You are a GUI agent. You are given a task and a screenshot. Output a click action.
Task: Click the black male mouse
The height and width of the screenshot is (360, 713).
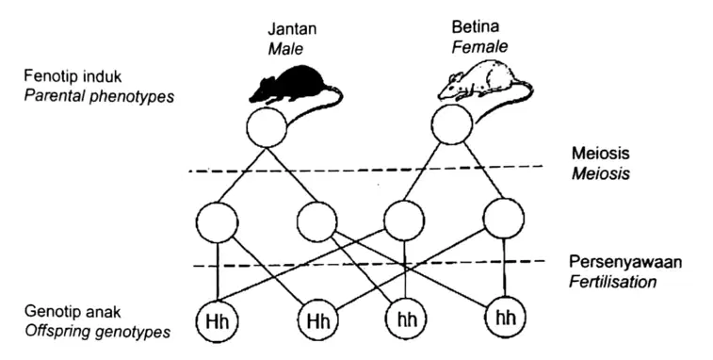click(291, 84)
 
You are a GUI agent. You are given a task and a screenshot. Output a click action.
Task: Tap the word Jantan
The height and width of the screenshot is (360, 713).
click(292, 29)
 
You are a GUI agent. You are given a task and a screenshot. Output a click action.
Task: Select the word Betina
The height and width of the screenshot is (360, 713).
click(476, 26)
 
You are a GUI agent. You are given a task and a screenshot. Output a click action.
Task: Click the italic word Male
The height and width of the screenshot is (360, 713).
click(285, 49)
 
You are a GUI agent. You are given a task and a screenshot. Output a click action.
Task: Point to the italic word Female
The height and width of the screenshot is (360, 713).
click(479, 46)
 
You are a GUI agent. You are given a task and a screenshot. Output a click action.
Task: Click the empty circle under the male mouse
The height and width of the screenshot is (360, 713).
click(267, 127)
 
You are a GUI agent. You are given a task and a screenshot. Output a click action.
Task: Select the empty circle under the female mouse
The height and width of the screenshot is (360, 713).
click(452, 124)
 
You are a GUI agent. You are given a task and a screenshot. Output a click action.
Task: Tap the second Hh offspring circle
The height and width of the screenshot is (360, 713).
click(317, 320)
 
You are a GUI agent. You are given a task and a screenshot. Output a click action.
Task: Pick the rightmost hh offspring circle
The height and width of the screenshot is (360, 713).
click(505, 317)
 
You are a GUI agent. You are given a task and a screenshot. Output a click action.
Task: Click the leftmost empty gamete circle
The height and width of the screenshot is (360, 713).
click(217, 223)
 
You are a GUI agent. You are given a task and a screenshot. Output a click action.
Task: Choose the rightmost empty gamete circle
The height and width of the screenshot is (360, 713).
click(504, 219)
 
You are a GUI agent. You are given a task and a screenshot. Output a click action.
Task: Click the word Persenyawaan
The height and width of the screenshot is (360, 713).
click(625, 263)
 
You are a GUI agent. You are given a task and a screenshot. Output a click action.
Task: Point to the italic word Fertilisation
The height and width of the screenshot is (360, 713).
click(612, 282)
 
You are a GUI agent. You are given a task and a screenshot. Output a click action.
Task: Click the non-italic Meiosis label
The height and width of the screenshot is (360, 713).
click(600, 153)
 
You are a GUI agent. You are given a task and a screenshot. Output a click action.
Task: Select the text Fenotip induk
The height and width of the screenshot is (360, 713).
click(73, 76)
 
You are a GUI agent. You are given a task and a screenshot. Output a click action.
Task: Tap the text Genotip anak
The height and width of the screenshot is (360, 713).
click(73, 312)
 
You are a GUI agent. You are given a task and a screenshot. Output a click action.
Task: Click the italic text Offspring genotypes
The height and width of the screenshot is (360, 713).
click(98, 332)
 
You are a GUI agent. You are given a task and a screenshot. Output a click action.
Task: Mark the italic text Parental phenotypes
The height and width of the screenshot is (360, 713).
click(99, 97)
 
